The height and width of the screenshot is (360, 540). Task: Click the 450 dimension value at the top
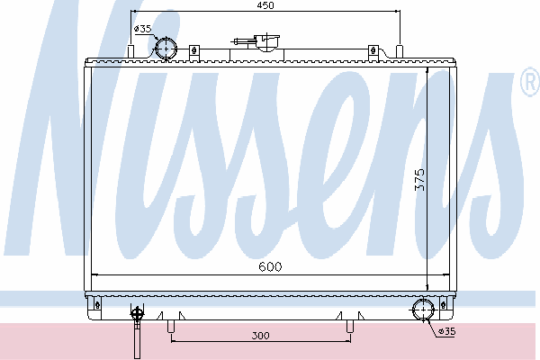tap(265, 5)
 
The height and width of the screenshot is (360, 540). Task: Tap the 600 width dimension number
tap(270, 266)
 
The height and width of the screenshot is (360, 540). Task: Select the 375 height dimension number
tap(419, 179)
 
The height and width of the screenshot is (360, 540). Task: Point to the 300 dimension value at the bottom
tap(260, 335)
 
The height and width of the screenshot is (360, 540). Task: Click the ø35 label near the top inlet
tap(142, 29)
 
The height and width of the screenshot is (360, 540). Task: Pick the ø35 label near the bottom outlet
tap(446, 331)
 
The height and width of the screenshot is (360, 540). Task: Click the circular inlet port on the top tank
tap(166, 49)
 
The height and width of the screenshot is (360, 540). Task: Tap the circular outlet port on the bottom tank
tap(423, 310)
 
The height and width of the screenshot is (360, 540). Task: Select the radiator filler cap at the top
tap(266, 42)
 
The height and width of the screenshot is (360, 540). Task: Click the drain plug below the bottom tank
tap(137, 330)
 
